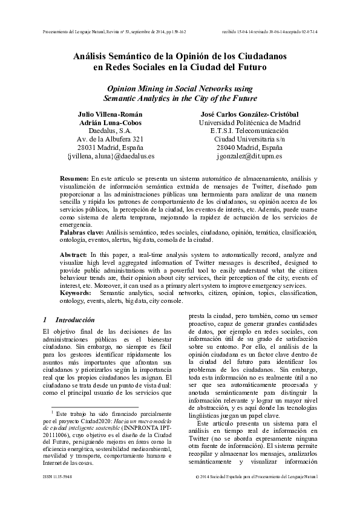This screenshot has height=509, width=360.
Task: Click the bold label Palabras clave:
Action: coord(82,232)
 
